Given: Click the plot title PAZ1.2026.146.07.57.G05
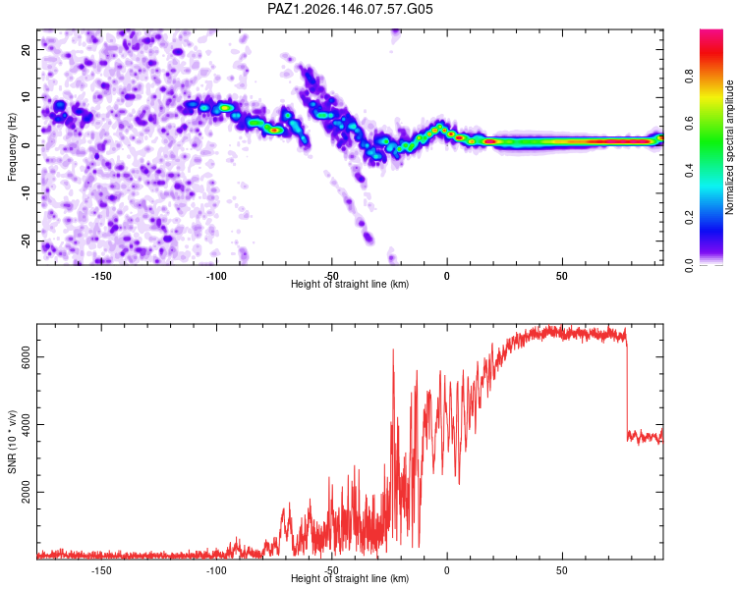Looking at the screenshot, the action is point(350,9).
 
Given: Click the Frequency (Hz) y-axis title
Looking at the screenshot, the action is point(12,147).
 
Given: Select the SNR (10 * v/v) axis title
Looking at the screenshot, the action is point(12,442).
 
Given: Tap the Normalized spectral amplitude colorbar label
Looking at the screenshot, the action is point(729,147).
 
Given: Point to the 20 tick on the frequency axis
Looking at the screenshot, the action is point(26,49).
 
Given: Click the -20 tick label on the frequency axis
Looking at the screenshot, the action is point(26,241).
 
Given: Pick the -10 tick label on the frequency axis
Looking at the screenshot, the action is point(26,193).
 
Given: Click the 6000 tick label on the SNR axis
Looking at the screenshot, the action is point(26,357).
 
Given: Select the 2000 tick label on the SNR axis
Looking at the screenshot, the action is point(26,492).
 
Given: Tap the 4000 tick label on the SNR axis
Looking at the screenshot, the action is point(26,425).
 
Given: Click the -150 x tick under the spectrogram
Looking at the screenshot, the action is point(100,276).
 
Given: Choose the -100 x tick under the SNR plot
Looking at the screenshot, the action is point(216,570).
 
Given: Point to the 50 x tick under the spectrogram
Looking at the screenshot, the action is point(562,276).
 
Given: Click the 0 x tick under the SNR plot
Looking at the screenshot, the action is point(447,570).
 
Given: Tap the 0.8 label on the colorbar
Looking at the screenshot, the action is point(689,76).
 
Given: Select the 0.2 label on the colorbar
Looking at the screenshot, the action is point(689,217).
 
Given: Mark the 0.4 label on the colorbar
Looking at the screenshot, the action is point(689,170).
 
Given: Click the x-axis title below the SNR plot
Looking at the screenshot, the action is point(350,578).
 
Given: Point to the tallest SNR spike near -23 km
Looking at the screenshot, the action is point(393,350).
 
